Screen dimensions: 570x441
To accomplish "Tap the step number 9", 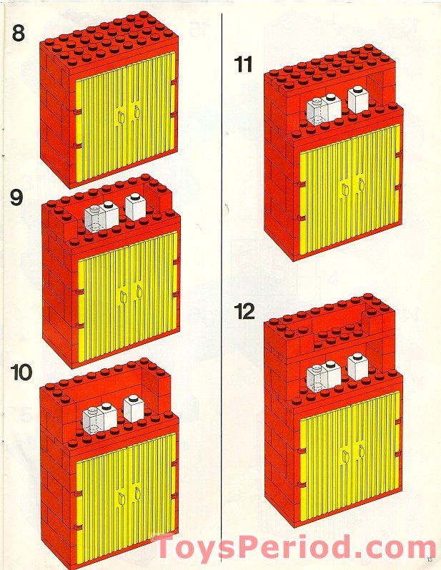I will (17, 197).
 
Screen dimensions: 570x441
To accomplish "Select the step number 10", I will (21, 373).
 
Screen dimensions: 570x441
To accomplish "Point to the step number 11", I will (244, 64).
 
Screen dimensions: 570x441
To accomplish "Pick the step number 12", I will (244, 312).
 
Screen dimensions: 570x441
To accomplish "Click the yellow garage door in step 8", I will (125, 118).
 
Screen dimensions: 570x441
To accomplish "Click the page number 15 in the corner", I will (429, 559).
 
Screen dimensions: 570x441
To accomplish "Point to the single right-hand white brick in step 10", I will (133, 408).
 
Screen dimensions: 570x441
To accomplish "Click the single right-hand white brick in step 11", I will (357, 99).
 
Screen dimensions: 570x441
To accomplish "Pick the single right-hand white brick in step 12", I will (357, 366).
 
